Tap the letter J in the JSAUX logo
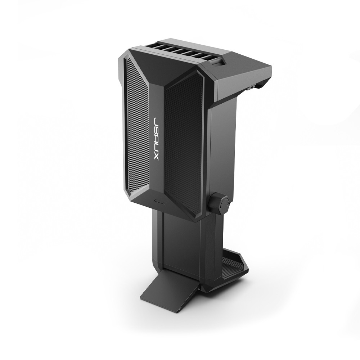(157, 121)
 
